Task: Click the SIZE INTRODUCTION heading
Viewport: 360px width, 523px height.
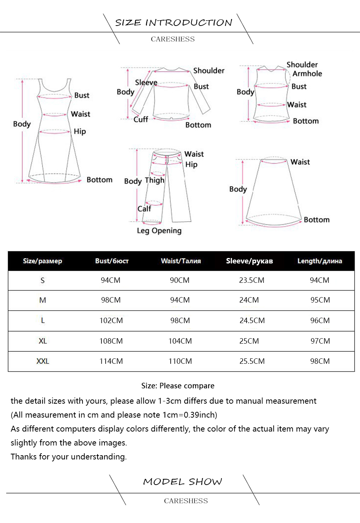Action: (x=173, y=22)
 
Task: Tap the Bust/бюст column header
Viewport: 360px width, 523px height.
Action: (x=112, y=261)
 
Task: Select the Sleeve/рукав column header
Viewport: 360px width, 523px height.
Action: (x=249, y=261)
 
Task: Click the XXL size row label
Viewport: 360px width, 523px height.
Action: (x=43, y=361)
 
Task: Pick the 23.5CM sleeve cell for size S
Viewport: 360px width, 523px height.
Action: (x=252, y=280)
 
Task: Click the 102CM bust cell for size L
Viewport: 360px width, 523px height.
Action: (x=111, y=320)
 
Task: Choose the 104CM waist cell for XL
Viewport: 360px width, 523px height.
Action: (x=180, y=341)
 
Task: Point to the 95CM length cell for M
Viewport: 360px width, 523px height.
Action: (x=320, y=300)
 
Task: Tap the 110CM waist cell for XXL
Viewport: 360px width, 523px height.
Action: (x=180, y=361)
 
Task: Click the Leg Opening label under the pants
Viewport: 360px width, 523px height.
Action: (x=159, y=231)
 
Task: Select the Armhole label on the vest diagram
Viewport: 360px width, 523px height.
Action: (x=307, y=74)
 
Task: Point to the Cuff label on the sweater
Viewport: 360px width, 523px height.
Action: (x=141, y=119)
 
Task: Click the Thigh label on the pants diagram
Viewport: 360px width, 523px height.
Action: (x=154, y=180)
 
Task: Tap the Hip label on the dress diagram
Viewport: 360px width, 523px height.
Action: (x=80, y=131)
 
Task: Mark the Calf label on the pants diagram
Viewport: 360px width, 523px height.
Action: (x=144, y=208)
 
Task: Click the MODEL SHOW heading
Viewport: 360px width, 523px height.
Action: (x=182, y=482)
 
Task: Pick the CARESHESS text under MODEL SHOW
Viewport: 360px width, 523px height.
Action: (x=186, y=501)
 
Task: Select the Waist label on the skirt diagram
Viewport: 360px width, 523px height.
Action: (x=300, y=162)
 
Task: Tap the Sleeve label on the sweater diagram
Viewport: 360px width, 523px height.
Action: (x=146, y=83)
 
